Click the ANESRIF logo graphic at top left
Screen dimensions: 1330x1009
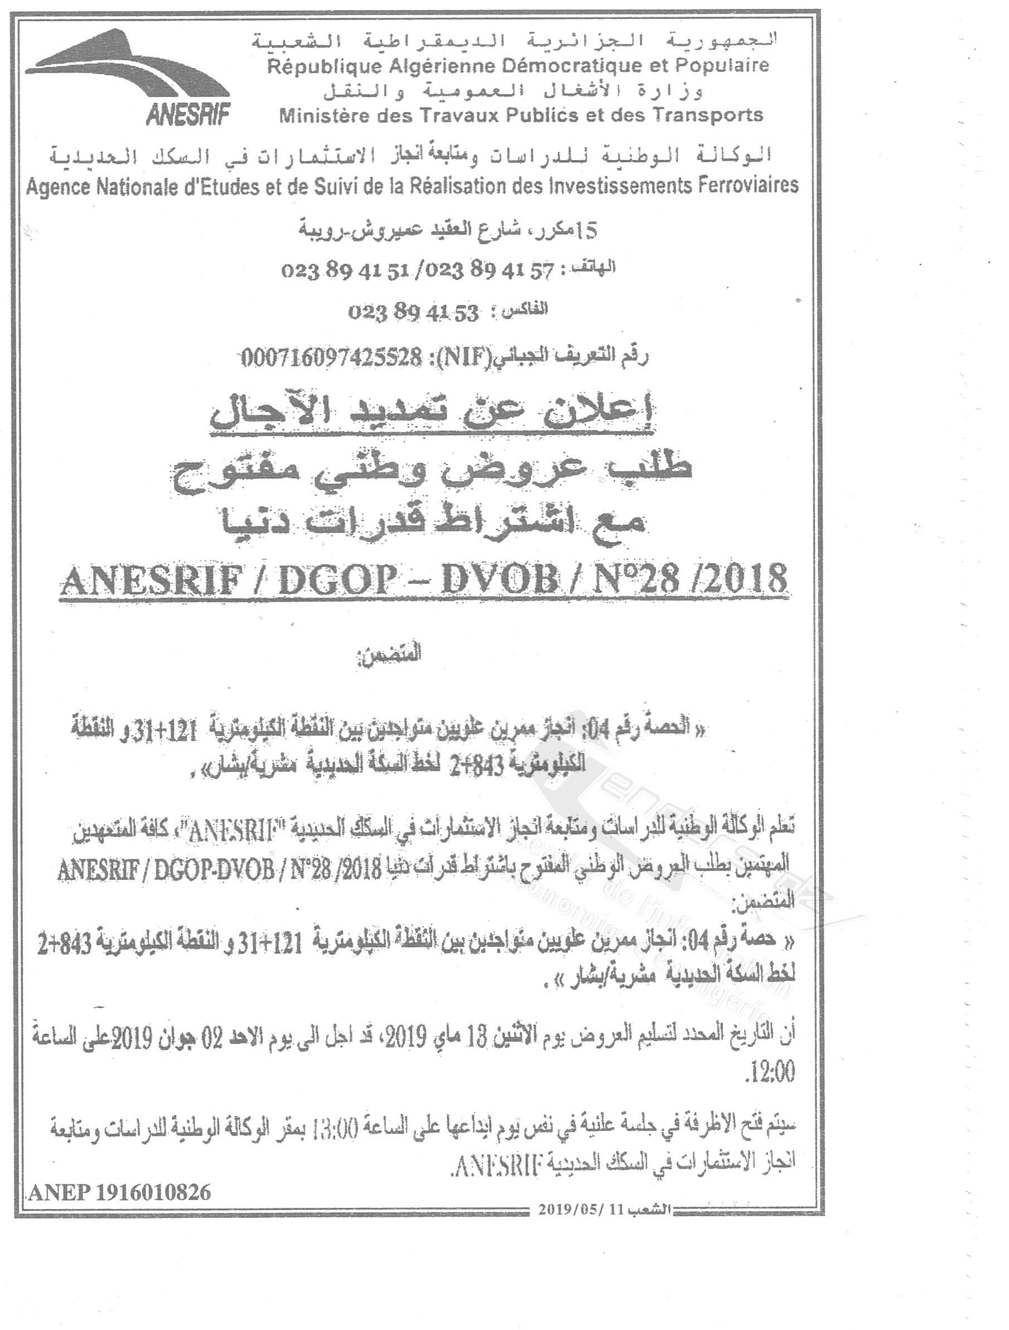point(129,76)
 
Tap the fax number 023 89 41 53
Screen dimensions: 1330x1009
point(413,313)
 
